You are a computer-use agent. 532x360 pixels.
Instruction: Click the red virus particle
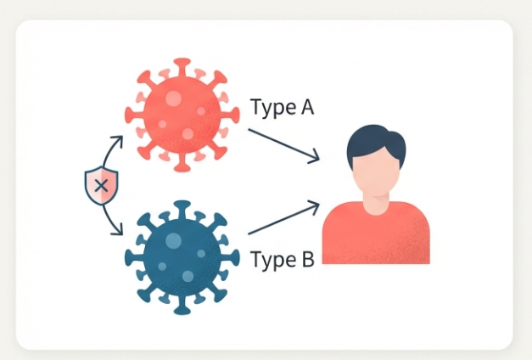click(x=179, y=114)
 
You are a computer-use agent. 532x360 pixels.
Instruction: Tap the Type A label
click(x=283, y=107)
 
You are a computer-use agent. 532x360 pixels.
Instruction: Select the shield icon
click(x=100, y=184)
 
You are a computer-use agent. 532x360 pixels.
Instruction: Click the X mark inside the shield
click(x=101, y=183)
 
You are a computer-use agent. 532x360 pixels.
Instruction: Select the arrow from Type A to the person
click(x=283, y=143)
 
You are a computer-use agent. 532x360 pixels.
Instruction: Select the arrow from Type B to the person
click(x=283, y=218)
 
